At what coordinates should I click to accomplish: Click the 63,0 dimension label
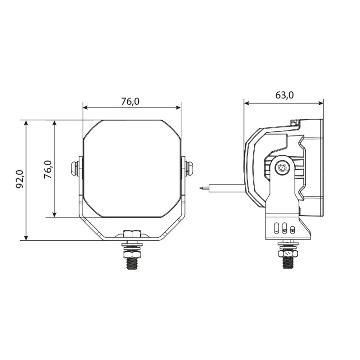click(x=284, y=95)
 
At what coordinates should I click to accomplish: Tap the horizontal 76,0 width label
click(x=130, y=102)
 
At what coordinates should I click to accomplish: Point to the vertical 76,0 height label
click(x=48, y=170)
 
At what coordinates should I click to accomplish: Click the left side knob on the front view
click(x=74, y=169)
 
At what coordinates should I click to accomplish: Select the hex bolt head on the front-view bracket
click(x=132, y=234)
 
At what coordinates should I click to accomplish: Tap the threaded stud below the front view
click(x=132, y=261)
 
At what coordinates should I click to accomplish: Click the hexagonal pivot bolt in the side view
click(x=282, y=168)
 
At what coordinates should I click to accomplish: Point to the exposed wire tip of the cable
click(x=202, y=188)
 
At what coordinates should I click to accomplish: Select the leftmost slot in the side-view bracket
click(x=276, y=227)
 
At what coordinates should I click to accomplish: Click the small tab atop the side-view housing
click(x=295, y=122)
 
